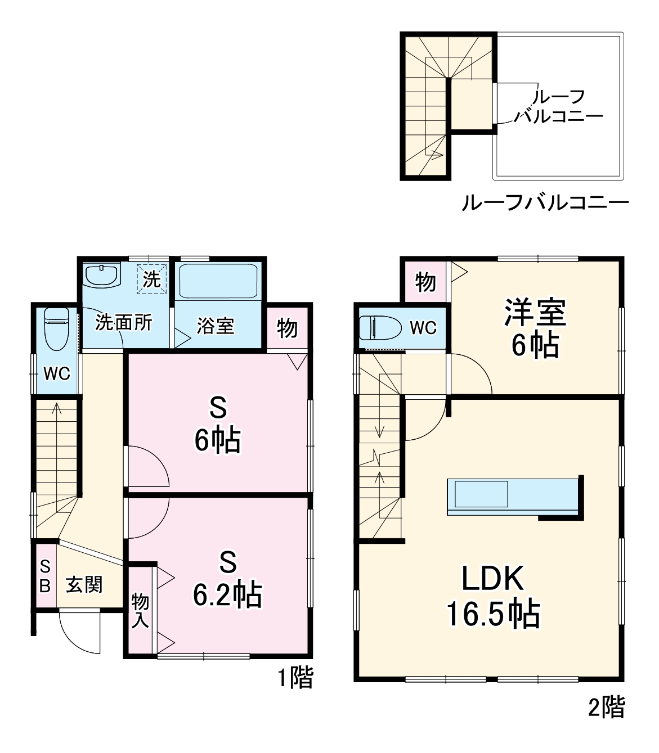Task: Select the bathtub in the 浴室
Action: pos(218,281)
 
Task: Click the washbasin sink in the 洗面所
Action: pos(102,276)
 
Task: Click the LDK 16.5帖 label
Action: pos(493,596)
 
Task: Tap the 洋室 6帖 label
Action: pos(535,328)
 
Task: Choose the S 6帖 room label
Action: pos(218,425)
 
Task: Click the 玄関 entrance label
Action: pos(84,585)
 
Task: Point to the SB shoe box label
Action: pos(45,575)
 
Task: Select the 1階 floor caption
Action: pos(295,678)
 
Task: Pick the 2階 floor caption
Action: pos(606,707)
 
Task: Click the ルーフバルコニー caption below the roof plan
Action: pos(544,202)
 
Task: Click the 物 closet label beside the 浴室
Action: pos(287,327)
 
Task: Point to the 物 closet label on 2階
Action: pos(425,281)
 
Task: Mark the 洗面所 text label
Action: pos(124,322)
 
